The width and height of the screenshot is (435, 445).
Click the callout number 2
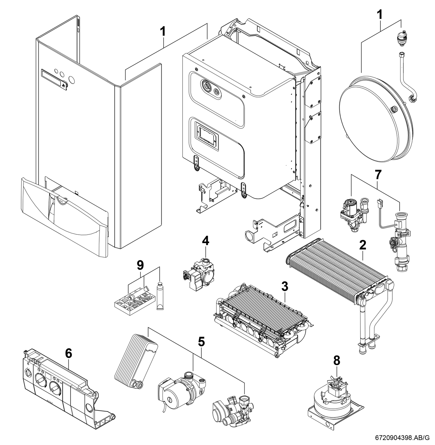point(362,245)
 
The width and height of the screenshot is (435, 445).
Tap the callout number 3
point(285,287)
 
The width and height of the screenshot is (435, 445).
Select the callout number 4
point(205,240)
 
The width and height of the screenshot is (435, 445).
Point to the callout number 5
point(201,342)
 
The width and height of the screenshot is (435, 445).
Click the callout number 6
point(69,354)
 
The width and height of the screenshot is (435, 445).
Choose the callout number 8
point(336,361)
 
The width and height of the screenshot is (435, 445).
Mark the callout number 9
point(140,265)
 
